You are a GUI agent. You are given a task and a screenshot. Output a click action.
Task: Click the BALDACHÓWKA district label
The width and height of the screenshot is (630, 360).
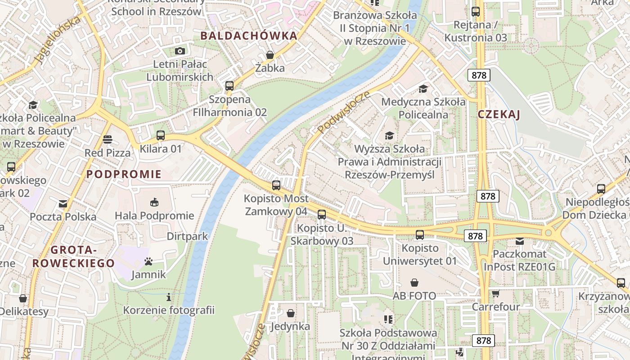pos(249,36)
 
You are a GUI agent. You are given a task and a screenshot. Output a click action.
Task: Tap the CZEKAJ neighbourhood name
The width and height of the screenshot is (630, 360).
pos(499,114)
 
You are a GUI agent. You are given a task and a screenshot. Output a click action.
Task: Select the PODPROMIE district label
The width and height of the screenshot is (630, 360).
pos(124,174)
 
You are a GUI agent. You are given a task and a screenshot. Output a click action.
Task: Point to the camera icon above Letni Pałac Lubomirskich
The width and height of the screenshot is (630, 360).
pos(180,51)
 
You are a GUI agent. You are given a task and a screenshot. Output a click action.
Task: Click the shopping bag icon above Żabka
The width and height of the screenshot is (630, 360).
pos(270,55)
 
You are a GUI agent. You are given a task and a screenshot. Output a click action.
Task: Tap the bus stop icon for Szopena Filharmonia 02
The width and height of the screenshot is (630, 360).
pos(229,85)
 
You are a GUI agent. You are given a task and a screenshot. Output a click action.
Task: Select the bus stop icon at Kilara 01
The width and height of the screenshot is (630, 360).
pos(160,135)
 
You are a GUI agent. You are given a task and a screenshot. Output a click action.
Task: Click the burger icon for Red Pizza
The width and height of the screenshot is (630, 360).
pos(107,139)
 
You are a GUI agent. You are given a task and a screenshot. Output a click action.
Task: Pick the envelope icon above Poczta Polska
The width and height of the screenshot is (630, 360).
pos(63,204)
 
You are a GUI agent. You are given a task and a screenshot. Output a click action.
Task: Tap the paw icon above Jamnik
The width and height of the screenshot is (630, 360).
pos(148,261)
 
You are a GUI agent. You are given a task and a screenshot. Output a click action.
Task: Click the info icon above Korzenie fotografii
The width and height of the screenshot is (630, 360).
pos(169,297)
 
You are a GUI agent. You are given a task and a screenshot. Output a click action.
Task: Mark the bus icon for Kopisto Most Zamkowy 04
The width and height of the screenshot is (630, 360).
pos(276,185)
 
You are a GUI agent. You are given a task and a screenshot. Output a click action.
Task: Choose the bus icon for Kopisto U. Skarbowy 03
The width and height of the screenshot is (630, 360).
pos(321,215)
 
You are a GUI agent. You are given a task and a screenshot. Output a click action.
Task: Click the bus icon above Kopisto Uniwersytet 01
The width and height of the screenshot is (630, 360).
pos(419,234)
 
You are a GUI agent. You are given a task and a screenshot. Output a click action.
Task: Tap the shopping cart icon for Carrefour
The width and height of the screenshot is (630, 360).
pos(495,294)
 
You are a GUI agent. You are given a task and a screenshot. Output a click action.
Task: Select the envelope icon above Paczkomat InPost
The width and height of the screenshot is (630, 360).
pos(520,241)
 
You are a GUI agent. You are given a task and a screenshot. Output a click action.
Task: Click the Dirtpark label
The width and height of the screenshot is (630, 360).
pos(187,236)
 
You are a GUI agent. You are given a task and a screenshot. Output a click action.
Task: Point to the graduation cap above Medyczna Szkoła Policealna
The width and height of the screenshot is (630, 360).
pos(423,89)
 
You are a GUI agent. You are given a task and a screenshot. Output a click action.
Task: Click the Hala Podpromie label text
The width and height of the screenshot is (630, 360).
pos(154,216)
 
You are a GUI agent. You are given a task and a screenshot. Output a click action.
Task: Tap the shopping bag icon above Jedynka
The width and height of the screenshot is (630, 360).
pos(291,313)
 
